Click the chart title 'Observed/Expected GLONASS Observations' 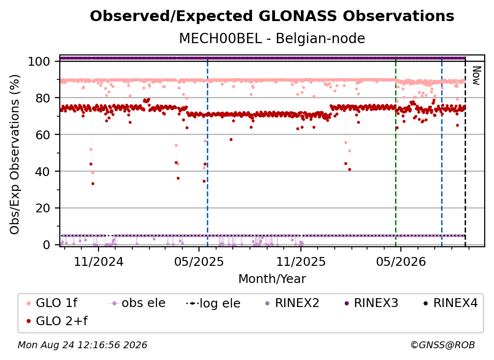(x=272, y=16)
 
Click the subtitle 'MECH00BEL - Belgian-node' (x=272, y=38)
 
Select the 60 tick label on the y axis (x=43, y=135)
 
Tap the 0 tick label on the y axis (x=46, y=245)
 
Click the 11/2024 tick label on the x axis (x=99, y=261)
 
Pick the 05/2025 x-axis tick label (x=199, y=261)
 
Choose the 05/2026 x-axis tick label (x=401, y=261)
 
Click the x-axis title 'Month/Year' (x=272, y=279)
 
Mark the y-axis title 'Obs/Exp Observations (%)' (x=15, y=154)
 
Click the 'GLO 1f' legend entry (x=52, y=303)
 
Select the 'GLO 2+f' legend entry (x=57, y=321)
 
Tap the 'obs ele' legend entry (x=137, y=303)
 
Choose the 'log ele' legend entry (x=213, y=303)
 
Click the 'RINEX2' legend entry (x=292, y=303)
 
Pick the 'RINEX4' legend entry (x=450, y=303)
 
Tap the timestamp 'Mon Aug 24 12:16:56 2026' (x=82, y=345)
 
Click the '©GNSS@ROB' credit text (x=443, y=345)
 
